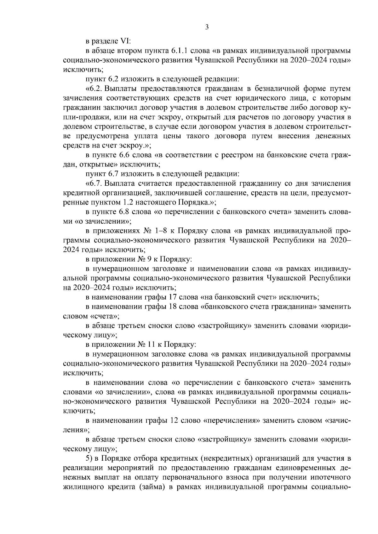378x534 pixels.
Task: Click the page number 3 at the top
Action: [207, 27]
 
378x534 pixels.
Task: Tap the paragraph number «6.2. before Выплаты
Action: [95, 89]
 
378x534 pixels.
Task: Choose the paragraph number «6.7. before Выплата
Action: [95, 183]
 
